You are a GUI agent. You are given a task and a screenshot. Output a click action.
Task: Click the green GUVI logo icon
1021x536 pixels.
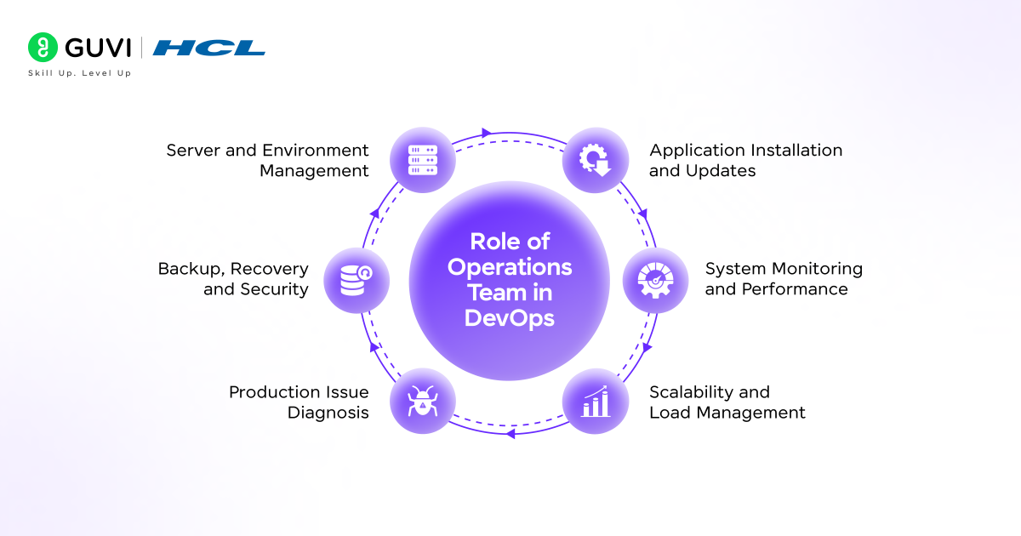[42, 47]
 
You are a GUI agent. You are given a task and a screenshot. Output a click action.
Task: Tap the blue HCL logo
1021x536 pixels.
[209, 48]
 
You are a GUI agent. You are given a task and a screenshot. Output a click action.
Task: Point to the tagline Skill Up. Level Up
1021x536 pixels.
[80, 73]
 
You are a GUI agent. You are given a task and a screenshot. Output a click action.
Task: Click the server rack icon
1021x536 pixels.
[422, 161]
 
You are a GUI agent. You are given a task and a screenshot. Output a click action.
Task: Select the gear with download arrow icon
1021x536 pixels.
[596, 160]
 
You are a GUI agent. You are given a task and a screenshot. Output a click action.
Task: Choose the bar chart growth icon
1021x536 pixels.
[596, 401]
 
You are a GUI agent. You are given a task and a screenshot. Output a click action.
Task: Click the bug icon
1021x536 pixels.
[422, 401]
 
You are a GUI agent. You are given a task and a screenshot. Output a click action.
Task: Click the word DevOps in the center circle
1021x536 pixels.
[510, 318]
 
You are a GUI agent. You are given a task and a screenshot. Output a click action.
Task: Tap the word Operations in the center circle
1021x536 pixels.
[510, 267]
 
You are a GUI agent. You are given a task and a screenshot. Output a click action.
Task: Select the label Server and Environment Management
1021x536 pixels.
[268, 160]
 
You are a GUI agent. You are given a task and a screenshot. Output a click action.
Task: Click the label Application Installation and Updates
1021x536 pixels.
[746, 160]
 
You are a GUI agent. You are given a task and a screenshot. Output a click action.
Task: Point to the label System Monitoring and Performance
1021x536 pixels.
[784, 278]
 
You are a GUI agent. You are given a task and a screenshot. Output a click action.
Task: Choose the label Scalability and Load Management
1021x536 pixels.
[727, 402]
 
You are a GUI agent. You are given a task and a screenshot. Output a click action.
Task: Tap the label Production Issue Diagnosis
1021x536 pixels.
[299, 402]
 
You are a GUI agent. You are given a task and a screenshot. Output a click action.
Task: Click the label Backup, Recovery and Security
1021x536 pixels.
[233, 278]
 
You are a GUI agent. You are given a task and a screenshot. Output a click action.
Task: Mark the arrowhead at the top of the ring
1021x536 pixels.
[487, 133]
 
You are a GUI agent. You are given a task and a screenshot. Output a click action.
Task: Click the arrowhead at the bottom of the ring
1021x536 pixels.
[510, 434]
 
